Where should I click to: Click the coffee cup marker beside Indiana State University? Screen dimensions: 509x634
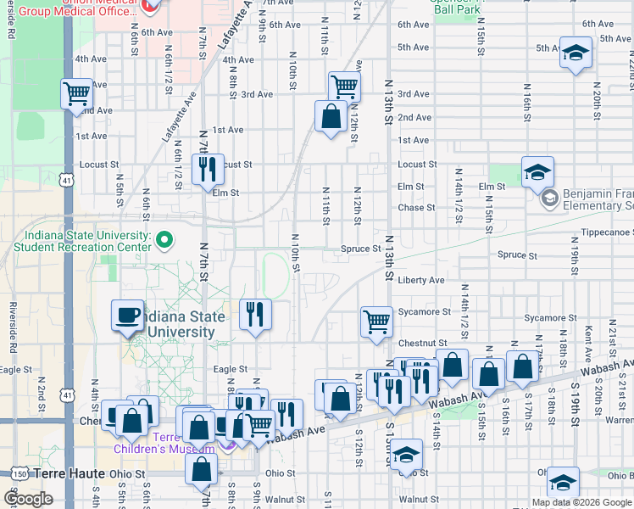128,316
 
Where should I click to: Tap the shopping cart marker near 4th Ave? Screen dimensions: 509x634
76,92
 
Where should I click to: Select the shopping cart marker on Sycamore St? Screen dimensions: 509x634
376,321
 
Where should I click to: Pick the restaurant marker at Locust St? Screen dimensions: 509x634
208,169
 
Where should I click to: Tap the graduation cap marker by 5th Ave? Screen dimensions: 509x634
576,53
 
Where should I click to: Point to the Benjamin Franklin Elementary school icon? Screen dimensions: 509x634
549,199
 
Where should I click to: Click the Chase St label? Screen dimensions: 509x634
416,207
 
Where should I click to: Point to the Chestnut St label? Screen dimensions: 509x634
416,344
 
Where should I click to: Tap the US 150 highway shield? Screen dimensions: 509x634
19,473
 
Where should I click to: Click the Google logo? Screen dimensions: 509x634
29,499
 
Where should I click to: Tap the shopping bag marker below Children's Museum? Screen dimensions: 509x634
202,469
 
